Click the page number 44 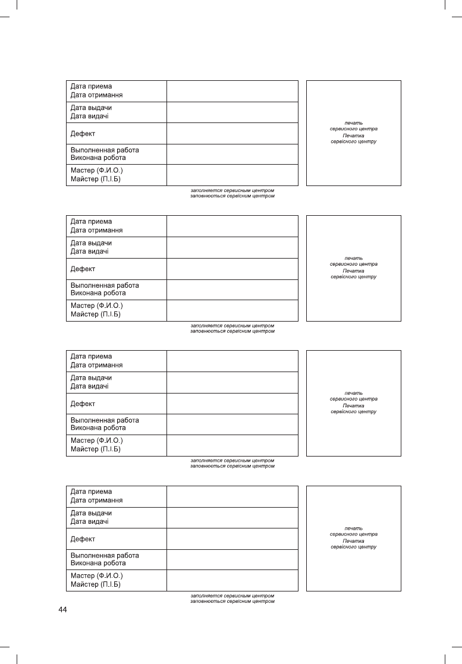pyautogui.click(x=63, y=610)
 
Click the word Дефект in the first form pyautogui.click(x=83, y=133)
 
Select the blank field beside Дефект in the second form pyautogui.click(x=232, y=269)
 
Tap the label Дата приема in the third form pyautogui.click(x=91, y=357)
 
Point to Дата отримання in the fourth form pyautogui.click(x=97, y=501)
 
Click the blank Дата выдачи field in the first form pyautogui.click(x=232, y=112)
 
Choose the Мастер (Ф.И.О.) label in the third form pyautogui.click(x=96, y=441)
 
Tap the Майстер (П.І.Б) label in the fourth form pyautogui.click(x=96, y=585)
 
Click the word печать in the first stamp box pyautogui.click(x=354, y=123)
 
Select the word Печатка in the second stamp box pyautogui.click(x=354, y=270)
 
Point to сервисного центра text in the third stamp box pyautogui.click(x=354, y=399)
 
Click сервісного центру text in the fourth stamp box pyautogui.click(x=354, y=547)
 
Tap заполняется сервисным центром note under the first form pyautogui.click(x=232, y=190)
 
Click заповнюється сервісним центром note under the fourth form pyautogui.click(x=232, y=601)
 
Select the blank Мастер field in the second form pyautogui.click(x=232, y=310)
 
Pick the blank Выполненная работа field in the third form pyautogui.click(x=232, y=424)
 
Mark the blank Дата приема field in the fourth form pyautogui.click(x=232, y=496)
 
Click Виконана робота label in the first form pyautogui.click(x=98, y=158)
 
